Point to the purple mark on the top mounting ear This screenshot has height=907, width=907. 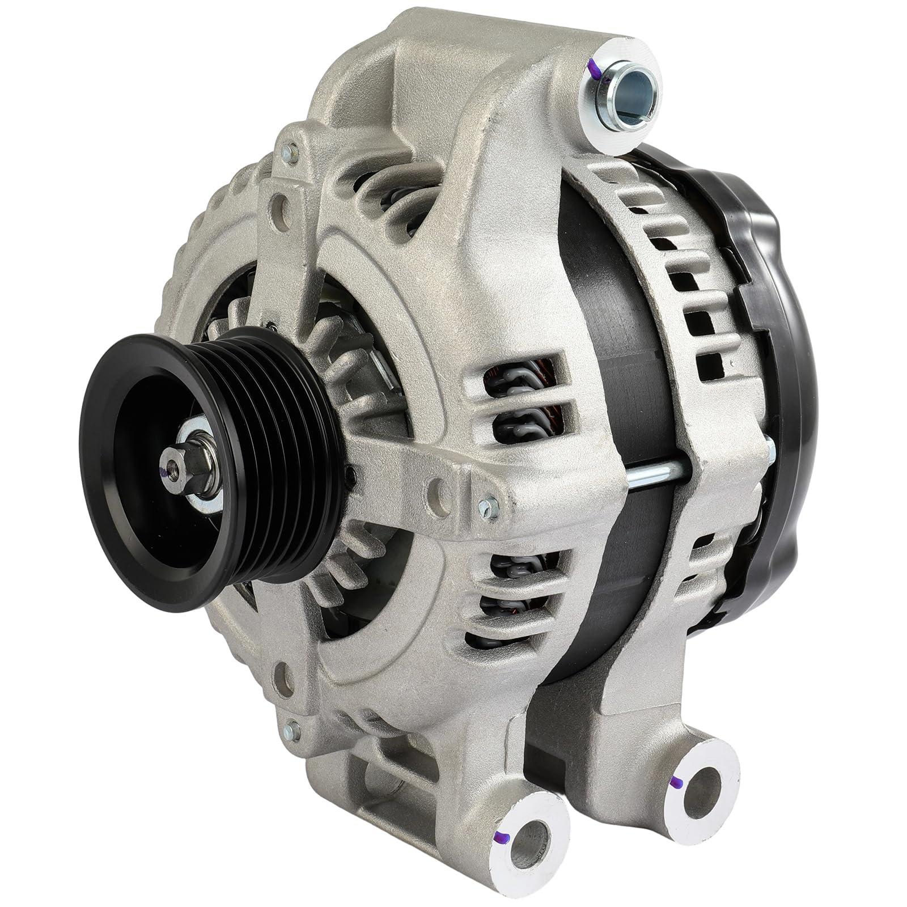click(x=595, y=71)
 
